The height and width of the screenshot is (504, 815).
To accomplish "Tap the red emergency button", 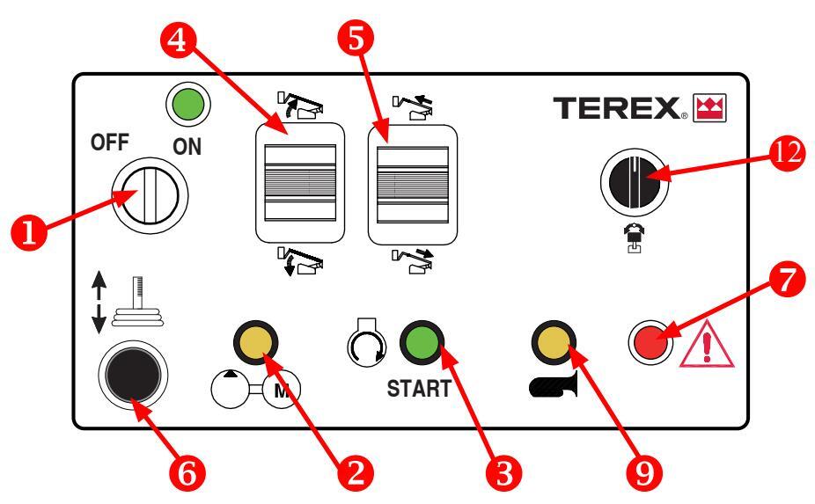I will point(646,341).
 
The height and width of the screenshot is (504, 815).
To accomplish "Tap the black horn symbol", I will point(550,383).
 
